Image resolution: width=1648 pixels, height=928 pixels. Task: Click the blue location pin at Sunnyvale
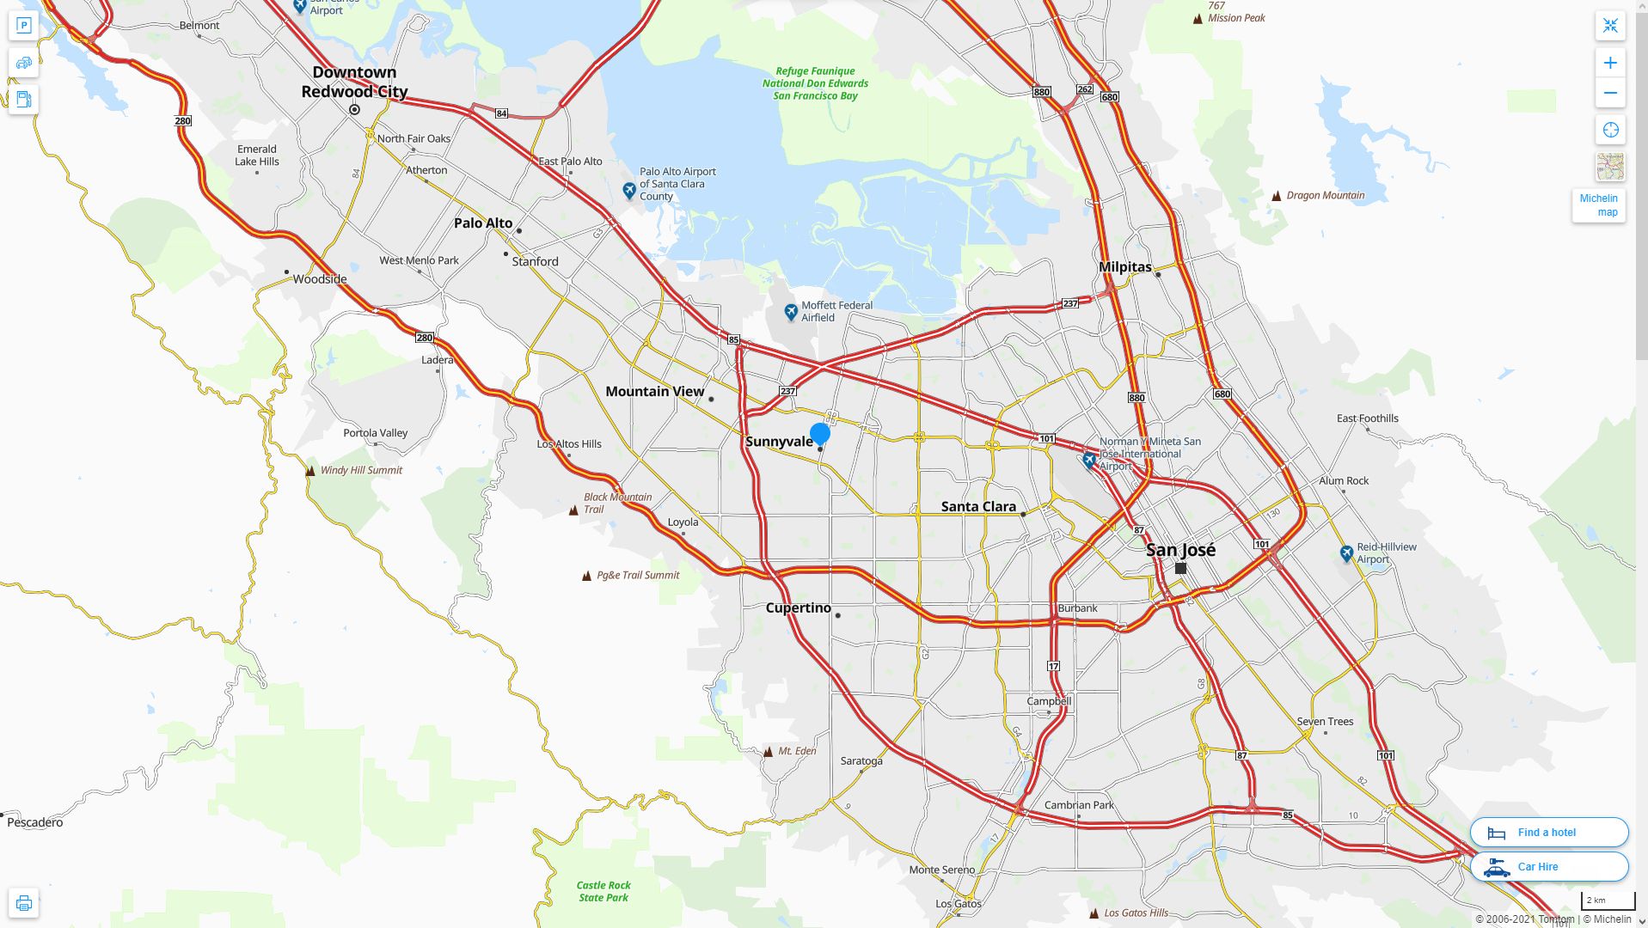(819, 434)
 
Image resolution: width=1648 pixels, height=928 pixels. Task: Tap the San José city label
(1180, 550)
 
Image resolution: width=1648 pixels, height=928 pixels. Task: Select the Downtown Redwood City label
(354, 82)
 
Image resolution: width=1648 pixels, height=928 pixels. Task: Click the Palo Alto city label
(483, 223)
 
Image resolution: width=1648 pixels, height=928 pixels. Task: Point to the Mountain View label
(654, 391)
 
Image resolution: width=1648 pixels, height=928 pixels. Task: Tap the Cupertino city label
(798, 608)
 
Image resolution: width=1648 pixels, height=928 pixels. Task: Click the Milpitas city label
(1124, 267)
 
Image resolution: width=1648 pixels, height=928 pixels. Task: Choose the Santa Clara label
(978, 507)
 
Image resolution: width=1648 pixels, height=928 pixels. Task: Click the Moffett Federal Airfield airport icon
(791, 313)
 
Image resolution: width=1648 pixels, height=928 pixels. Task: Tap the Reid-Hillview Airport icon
(1347, 554)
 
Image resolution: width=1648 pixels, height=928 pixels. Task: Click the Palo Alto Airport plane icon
(629, 190)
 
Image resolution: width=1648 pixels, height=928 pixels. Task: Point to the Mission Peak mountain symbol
(1198, 19)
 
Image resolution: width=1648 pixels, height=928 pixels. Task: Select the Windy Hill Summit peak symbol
(310, 471)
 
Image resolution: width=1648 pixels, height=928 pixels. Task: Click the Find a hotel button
(1548, 833)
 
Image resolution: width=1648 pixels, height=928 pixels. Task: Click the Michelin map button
(1598, 205)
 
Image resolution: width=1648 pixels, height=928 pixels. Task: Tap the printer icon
(24, 903)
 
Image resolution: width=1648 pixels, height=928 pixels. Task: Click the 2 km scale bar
(1607, 901)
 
